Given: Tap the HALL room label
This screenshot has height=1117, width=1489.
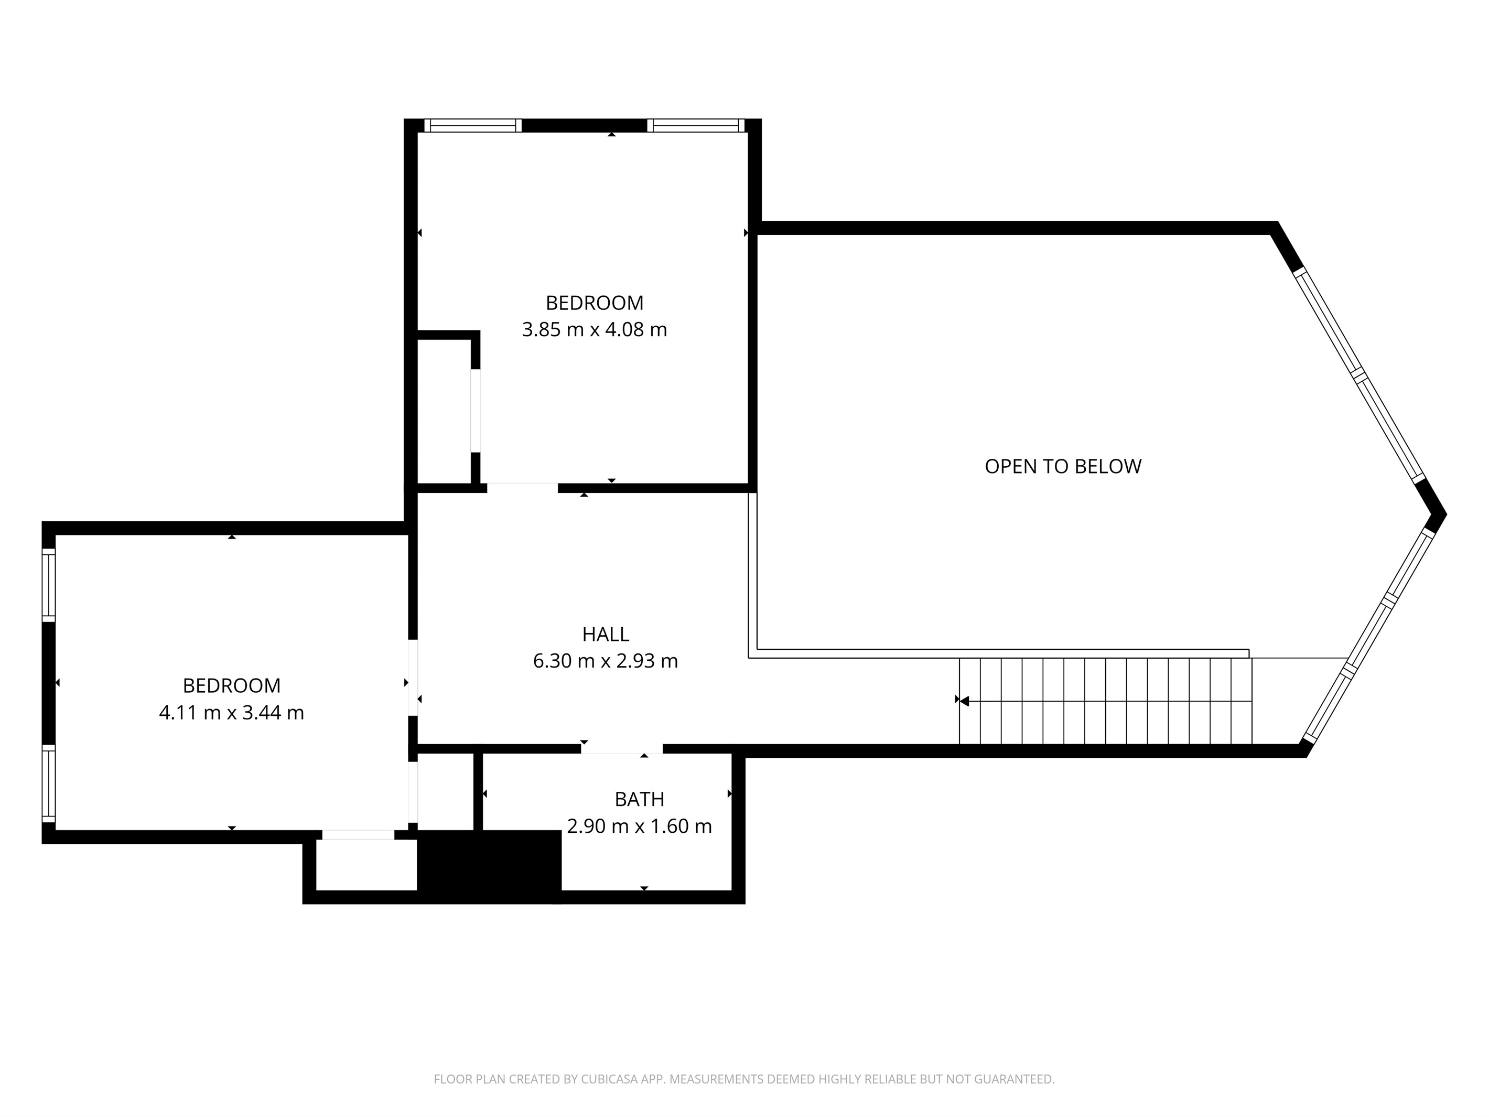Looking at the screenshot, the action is point(605,634).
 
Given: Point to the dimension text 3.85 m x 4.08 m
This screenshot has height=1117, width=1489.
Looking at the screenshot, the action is point(595,330).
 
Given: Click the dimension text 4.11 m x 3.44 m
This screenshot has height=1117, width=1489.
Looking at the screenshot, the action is point(232,712).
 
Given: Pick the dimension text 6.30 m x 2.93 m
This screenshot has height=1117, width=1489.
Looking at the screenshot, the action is point(605,661).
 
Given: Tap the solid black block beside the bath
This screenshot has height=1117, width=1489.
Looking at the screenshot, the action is point(489,866).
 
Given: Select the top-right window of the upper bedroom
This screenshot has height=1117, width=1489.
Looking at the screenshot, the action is point(696,125).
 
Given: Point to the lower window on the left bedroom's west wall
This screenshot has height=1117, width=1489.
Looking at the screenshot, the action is point(48,783).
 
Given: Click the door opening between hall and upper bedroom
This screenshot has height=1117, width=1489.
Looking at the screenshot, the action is point(522,488).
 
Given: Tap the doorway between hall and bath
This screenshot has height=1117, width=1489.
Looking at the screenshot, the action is point(622,749).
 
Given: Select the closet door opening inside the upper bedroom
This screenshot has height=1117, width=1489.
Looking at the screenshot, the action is point(475,411).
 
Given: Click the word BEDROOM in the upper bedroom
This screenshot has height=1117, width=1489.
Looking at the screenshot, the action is point(595,303).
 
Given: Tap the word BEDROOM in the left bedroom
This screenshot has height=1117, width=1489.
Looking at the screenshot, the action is point(232,685).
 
